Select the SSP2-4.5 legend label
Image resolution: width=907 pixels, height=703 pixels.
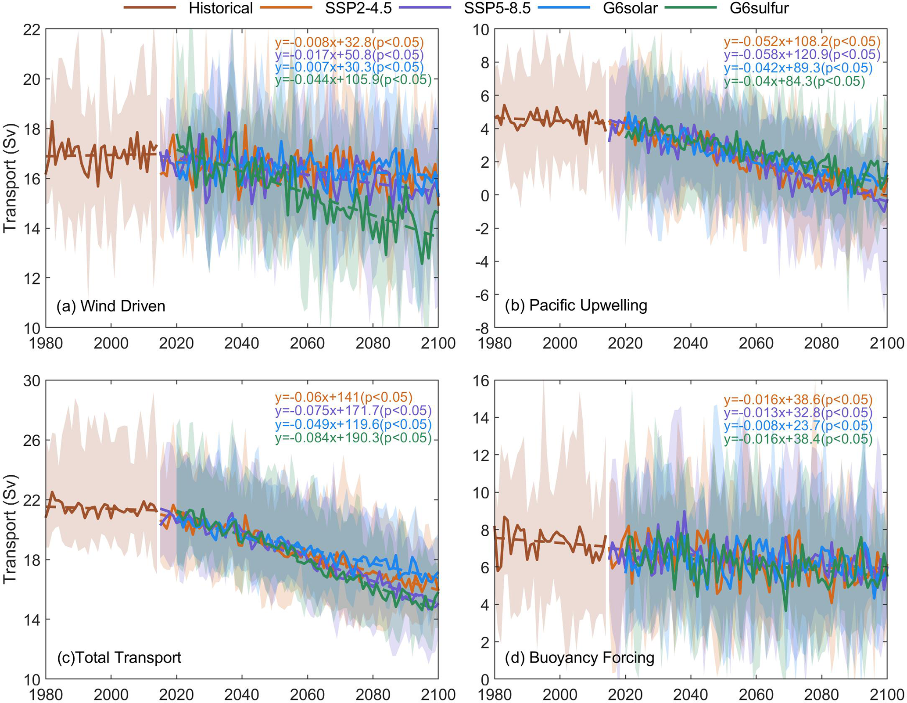click(x=358, y=8)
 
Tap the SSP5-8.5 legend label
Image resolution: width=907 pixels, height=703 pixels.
click(x=497, y=8)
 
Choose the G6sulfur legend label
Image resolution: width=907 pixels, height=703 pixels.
click(x=759, y=8)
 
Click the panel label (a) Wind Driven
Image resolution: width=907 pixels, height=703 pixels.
click(x=111, y=306)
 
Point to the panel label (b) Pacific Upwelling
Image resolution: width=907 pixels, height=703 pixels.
click(x=576, y=305)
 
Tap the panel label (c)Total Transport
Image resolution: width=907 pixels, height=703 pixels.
click(x=119, y=657)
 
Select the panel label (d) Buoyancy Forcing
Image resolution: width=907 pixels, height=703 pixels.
click(x=579, y=657)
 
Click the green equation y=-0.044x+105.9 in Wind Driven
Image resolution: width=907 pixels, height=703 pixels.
click(x=353, y=80)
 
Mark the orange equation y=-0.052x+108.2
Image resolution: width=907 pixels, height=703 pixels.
click(x=802, y=42)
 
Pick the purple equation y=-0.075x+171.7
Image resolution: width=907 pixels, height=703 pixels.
click(x=353, y=411)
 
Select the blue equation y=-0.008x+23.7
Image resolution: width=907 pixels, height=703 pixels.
click(x=798, y=426)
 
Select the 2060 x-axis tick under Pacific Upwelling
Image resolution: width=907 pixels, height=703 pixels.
click(x=756, y=343)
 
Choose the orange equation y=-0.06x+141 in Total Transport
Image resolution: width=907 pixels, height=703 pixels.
click(x=344, y=397)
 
